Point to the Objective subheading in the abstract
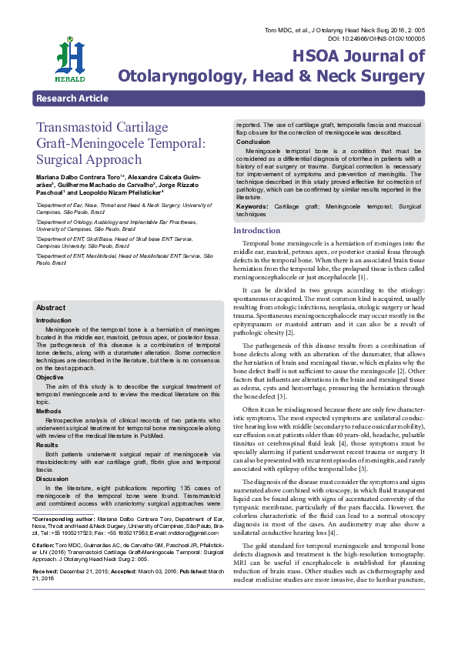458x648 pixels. [51, 378]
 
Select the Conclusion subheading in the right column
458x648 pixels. [252, 142]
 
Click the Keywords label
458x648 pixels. [252, 207]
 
